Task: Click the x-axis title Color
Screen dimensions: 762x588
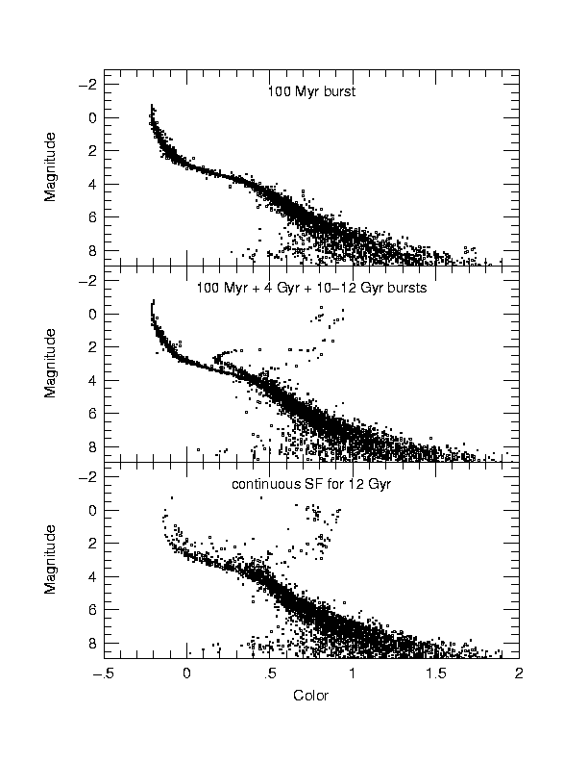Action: tap(311, 696)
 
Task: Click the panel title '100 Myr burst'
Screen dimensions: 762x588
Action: tap(311, 93)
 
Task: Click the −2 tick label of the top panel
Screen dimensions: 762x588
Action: tap(86, 85)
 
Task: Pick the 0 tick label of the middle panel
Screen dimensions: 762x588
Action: tap(90, 314)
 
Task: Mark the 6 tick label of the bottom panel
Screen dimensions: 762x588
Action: tap(90, 609)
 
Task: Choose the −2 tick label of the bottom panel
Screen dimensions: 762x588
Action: tap(86, 477)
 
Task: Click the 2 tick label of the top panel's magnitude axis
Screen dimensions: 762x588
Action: tap(90, 151)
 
